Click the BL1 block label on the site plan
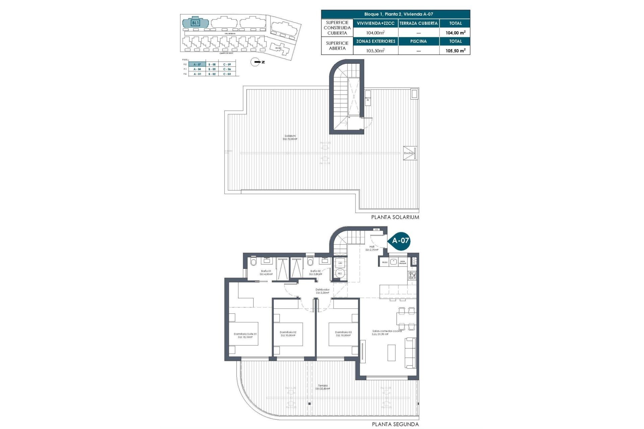[x=195, y=23]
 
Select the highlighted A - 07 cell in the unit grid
[x=197, y=64]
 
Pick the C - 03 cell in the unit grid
[x=227, y=74]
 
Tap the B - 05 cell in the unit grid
[x=212, y=69]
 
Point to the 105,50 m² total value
[x=455, y=51]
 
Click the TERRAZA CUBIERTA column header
[x=419, y=23]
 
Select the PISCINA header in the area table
[x=419, y=42]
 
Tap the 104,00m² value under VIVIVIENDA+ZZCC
[x=375, y=33]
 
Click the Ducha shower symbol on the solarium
[x=410, y=153]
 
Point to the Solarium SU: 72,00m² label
[x=290, y=137]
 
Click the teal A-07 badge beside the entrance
[x=400, y=240]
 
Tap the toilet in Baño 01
[x=253, y=261]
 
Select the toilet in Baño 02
[x=310, y=261]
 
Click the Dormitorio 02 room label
[x=288, y=334]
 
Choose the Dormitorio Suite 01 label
[x=245, y=335]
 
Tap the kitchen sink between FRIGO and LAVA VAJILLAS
[x=393, y=262]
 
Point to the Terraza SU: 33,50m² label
[x=323, y=387]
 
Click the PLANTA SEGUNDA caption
[x=395, y=424]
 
